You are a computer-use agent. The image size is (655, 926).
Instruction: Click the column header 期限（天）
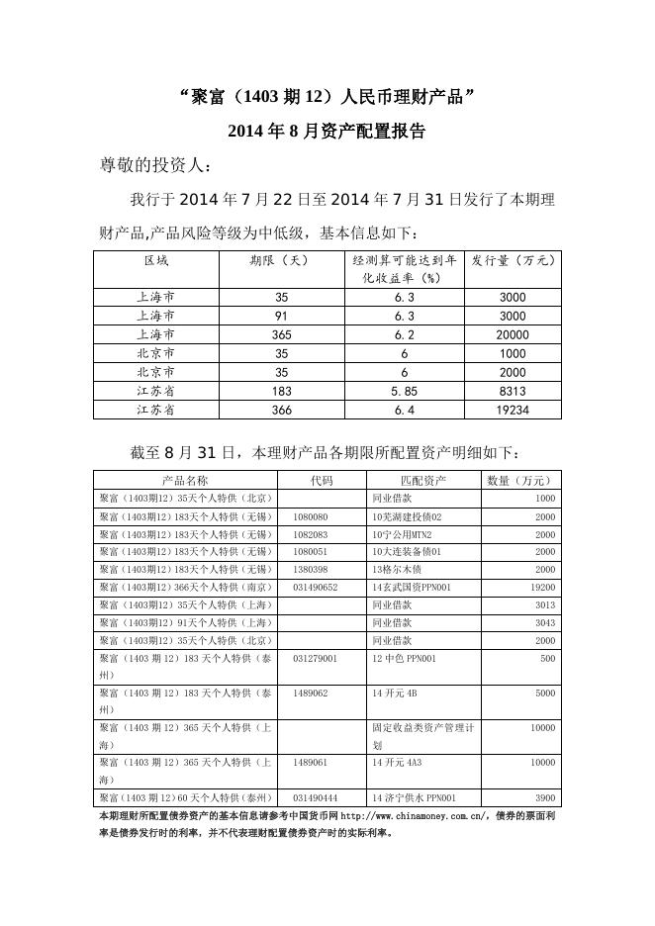[280, 261]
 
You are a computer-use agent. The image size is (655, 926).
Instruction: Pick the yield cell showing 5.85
[404, 391]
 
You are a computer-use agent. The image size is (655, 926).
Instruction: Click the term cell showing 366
[280, 410]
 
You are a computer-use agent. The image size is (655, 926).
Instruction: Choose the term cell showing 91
[280, 316]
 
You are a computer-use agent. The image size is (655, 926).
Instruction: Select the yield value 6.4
[404, 410]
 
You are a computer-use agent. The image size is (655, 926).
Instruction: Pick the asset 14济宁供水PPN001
[414, 796]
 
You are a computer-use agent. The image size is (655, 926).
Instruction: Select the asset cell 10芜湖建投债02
[407, 516]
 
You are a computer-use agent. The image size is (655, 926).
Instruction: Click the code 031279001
[316, 658]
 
